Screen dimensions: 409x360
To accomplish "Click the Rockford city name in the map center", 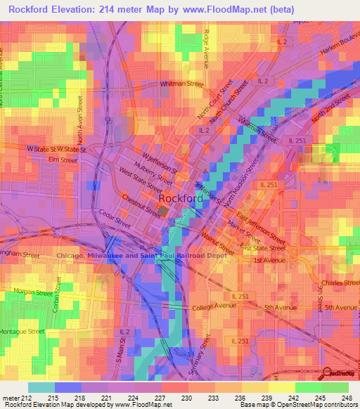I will pos(181,199).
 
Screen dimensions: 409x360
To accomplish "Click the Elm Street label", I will pos(62,160).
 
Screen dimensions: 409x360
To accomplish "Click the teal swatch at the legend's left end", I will pos(41,387).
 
